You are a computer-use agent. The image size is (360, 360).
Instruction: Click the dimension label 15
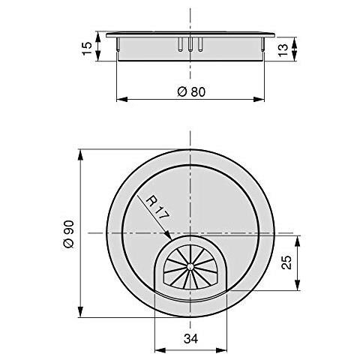[x=86, y=46]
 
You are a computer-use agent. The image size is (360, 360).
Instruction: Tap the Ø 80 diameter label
[x=191, y=91]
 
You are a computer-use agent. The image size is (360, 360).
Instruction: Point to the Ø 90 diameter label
[x=68, y=234]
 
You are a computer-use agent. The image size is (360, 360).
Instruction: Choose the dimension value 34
[x=191, y=339]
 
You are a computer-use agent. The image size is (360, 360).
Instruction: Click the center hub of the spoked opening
[x=191, y=265]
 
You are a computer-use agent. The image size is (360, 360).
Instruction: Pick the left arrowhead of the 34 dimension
[x=157, y=349]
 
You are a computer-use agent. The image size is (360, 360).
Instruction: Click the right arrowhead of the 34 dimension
[x=226, y=349]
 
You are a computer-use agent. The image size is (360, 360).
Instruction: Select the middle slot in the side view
[x=191, y=43]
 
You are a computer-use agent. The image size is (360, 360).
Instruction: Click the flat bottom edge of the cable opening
[x=191, y=289]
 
